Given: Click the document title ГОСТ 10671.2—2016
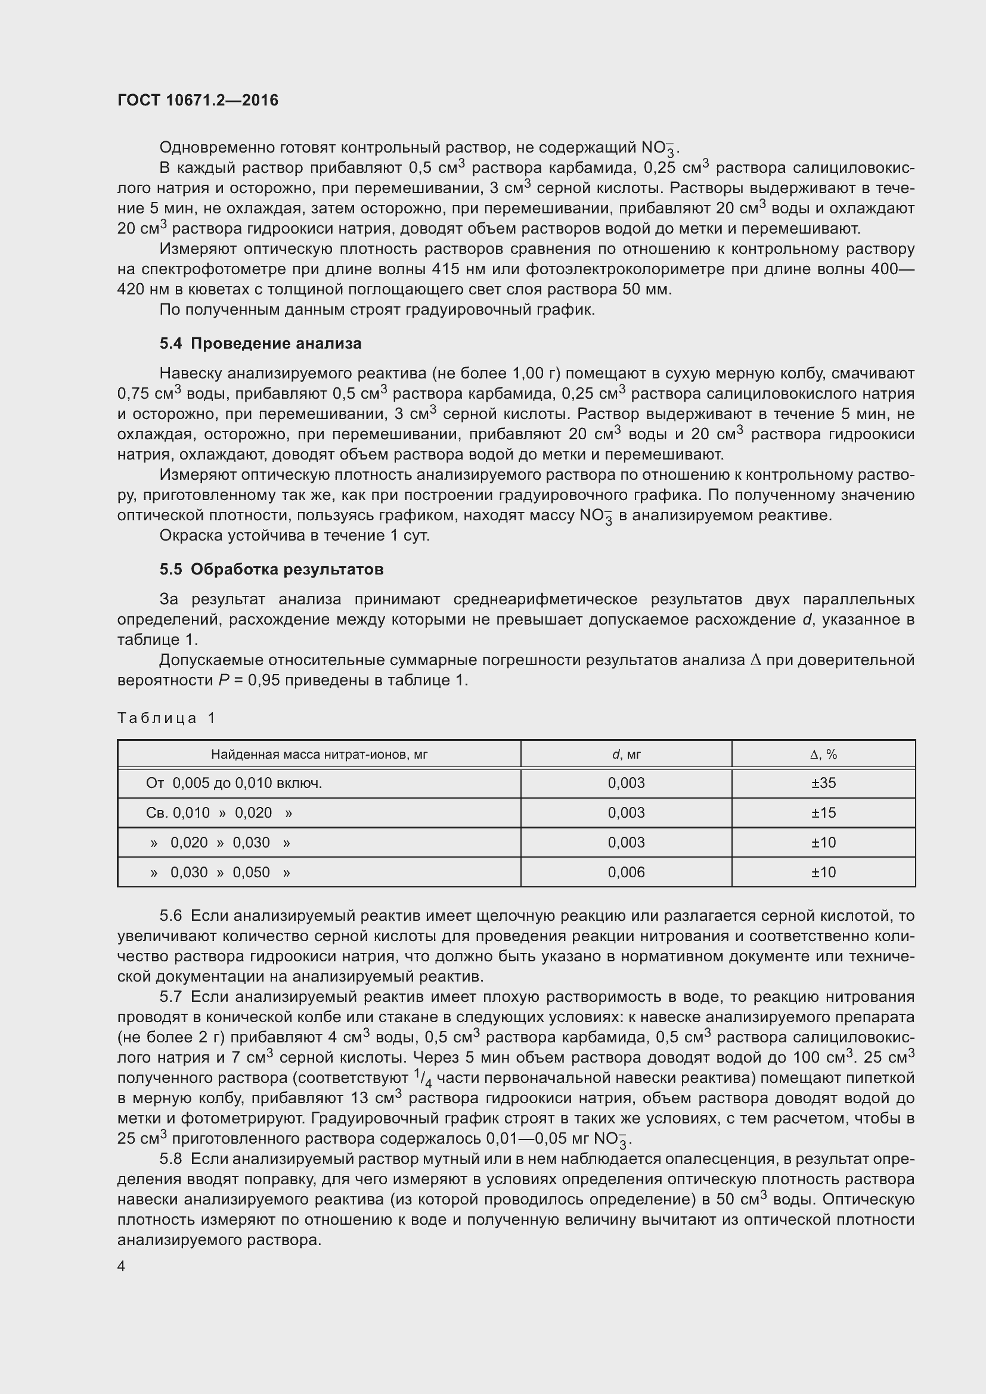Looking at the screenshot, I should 197,100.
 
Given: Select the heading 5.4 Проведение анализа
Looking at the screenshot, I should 261,344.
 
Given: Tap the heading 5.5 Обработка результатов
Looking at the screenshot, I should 271,570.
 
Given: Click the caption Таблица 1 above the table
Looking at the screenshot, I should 166,718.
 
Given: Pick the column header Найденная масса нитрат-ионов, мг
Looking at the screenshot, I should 320,755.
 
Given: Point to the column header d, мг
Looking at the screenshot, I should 626,755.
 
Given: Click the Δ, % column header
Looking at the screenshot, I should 823,755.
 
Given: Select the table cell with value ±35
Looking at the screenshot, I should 823,783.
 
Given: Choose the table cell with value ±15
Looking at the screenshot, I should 823,813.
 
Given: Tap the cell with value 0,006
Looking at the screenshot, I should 626,873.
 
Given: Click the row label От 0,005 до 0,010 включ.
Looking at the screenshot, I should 234,783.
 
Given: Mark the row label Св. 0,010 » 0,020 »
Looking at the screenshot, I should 219,813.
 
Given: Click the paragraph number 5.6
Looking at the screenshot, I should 170,915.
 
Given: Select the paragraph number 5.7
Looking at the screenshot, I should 170,997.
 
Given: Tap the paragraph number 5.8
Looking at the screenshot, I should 170,1159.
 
